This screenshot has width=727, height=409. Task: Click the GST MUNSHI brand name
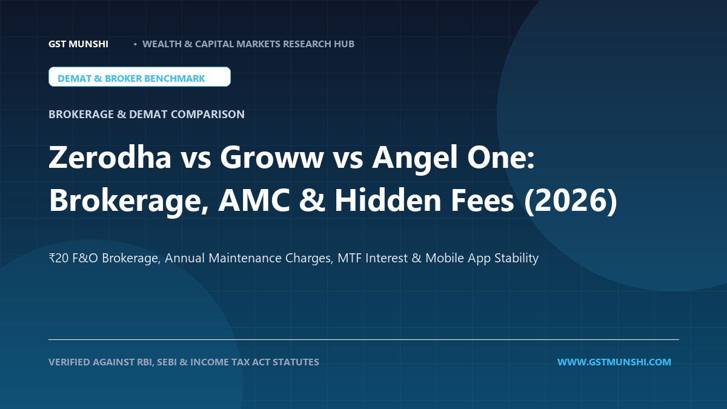pos(78,44)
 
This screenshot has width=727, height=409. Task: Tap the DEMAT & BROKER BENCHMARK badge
pos(139,77)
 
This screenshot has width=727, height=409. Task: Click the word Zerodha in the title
pos(110,157)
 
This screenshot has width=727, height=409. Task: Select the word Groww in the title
pos(271,158)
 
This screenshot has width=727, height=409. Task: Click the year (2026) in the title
pos(571,201)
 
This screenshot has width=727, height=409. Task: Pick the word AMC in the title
pos(254,201)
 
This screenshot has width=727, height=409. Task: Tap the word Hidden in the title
pos(388,200)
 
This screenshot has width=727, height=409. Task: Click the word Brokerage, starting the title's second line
pos(128,202)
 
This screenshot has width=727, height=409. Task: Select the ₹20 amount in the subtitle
pos(58,258)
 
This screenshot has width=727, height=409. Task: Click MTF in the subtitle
pos(349,258)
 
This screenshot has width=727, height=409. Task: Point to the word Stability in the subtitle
pos(516,259)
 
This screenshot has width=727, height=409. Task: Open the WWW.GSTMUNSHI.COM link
pos(614,362)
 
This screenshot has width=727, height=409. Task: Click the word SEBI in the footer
pos(167,362)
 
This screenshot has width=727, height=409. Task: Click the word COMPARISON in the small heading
pos(208,115)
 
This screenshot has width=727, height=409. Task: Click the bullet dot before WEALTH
pos(135,44)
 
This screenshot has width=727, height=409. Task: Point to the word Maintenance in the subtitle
pos(245,258)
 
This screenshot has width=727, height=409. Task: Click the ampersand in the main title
pos(312,201)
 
